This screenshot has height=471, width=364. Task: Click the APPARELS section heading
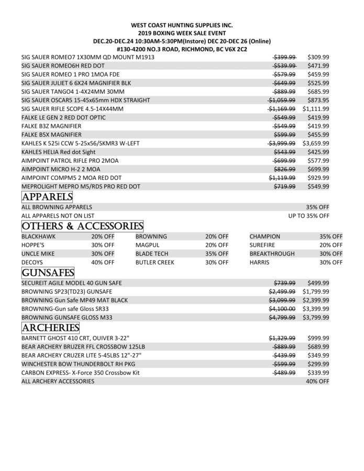(47, 197)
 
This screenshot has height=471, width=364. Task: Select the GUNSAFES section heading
(48, 273)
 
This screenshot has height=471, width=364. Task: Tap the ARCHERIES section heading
(50, 328)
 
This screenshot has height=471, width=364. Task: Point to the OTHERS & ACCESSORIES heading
(82, 226)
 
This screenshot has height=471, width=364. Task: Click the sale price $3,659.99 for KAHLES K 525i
(316, 143)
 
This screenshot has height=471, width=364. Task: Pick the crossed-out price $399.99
(285, 57)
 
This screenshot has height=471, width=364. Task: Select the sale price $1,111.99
(316, 109)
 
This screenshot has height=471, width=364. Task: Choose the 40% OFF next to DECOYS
(103, 262)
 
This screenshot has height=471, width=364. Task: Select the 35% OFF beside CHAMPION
(331, 237)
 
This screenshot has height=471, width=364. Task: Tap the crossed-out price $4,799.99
(282, 317)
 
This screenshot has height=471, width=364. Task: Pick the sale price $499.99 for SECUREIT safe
(318, 283)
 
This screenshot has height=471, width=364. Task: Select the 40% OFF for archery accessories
(317, 382)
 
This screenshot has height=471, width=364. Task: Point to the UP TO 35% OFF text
(308, 216)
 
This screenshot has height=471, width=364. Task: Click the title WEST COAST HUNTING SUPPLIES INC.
(182, 25)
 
